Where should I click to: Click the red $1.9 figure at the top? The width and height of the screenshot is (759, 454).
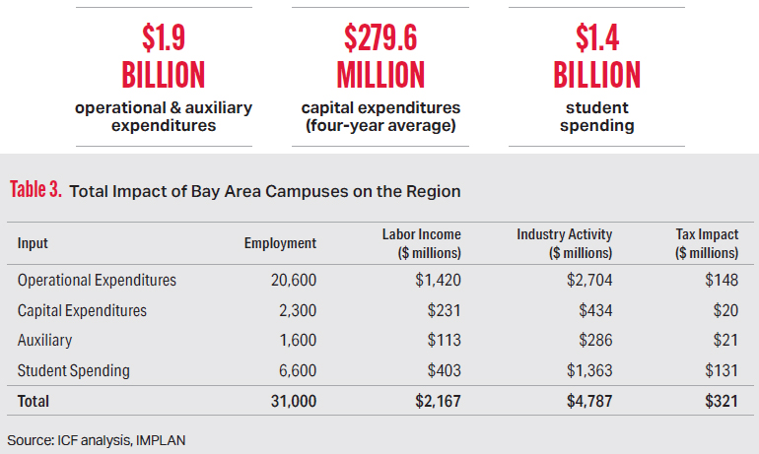pyautogui.click(x=163, y=38)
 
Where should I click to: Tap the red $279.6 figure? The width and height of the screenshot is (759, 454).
pyautogui.click(x=380, y=38)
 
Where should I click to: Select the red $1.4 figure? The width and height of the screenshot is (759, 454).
pyautogui.click(x=597, y=38)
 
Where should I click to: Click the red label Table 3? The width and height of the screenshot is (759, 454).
pyautogui.click(x=35, y=190)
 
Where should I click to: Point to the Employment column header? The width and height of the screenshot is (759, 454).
pyautogui.click(x=280, y=243)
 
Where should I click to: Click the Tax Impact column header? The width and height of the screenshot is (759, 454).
pyautogui.click(x=708, y=234)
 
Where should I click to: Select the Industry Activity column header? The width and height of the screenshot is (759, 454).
pyautogui.click(x=565, y=234)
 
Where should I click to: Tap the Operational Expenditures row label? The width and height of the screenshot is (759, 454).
pyautogui.click(x=98, y=280)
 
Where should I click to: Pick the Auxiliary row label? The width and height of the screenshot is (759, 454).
pyautogui.click(x=45, y=341)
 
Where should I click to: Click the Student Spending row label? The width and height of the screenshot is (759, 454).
pyautogui.click(x=74, y=371)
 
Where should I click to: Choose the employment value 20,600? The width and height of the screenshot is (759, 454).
pyautogui.click(x=294, y=280)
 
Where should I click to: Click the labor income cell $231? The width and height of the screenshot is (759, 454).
pyautogui.click(x=443, y=310)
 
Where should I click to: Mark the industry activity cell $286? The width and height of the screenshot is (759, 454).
pyautogui.click(x=594, y=341)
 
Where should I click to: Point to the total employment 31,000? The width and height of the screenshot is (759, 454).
pyautogui.click(x=292, y=402)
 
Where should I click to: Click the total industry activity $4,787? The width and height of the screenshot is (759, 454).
pyautogui.click(x=587, y=402)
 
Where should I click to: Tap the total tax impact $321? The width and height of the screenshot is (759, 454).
pyautogui.click(x=720, y=402)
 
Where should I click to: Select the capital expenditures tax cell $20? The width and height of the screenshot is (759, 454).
pyautogui.click(x=724, y=310)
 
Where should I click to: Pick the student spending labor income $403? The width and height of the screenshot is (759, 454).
pyautogui.click(x=442, y=371)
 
